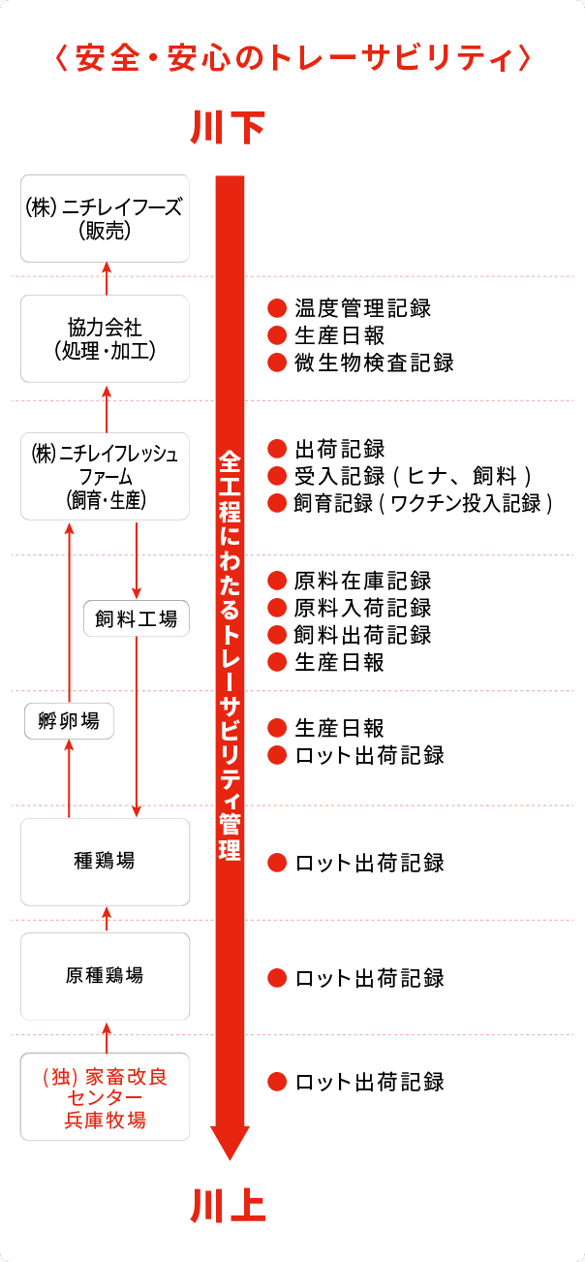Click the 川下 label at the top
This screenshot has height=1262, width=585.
pos(230,127)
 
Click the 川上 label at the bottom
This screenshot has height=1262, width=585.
pos(230,1206)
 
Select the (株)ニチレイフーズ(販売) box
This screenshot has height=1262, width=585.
pos(105,218)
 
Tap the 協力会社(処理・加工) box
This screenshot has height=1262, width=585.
pos(105,337)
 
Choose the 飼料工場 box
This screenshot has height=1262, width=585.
pos(137,618)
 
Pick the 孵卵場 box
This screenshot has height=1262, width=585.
pos(69,721)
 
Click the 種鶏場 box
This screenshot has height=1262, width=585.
pos(105,861)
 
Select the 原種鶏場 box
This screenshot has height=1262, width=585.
pos(105,975)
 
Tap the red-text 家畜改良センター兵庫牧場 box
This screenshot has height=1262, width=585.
pos(105,1097)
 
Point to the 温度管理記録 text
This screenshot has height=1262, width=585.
pos(362,308)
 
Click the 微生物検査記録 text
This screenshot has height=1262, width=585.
pos(374,363)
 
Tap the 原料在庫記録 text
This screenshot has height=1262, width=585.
pos(362,581)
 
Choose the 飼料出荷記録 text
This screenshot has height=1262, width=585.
pos(362,635)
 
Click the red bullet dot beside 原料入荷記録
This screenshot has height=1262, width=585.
pos(277,608)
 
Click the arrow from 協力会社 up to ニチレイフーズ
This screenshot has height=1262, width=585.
pos(107,277)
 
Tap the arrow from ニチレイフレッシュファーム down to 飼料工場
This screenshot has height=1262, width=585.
pos(137,560)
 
